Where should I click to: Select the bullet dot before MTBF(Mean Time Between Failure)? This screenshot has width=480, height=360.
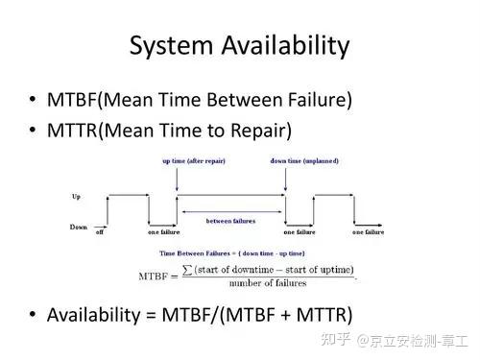[x=34, y=100]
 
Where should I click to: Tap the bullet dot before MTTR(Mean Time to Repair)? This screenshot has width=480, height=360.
[x=34, y=131]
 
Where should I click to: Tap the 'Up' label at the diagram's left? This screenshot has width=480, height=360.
[x=76, y=196]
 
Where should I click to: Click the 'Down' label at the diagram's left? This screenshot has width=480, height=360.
[x=79, y=227]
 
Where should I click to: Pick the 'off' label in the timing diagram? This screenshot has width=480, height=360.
[x=99, y=232]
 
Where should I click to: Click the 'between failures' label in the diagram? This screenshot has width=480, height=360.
[x=230, y=221]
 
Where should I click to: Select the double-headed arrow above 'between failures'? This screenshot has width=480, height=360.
[x=230, y=210]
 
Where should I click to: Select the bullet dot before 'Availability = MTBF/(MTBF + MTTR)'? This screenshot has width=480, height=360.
[x=34, y=315]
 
